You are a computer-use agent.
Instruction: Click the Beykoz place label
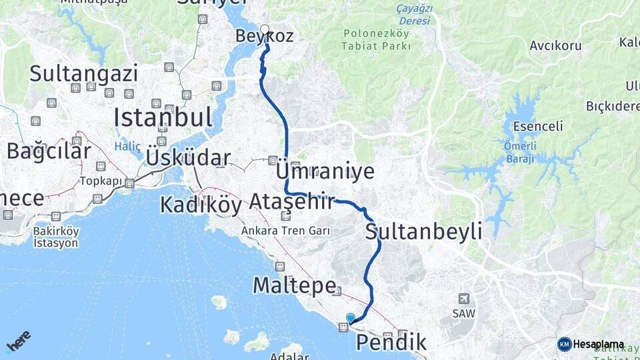click(265, 36)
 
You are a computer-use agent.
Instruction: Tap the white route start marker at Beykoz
click(265, 29)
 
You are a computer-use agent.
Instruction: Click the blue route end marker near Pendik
click(351, 318)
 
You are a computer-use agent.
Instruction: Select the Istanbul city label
click(163, 118)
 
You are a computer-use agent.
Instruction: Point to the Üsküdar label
click(187, 158)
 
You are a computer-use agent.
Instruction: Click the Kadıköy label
click(201, 205)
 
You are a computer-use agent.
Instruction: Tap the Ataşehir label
click(291, 201)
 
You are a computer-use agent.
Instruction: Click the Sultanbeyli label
click(423, 232)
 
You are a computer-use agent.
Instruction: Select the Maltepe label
click(293, 286)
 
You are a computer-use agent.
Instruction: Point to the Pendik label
click(391, 343)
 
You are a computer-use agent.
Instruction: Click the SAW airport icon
click(464, 299)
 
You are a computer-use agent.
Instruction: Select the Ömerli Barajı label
click(519, 153)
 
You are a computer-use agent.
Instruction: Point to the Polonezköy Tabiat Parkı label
click(377, 39)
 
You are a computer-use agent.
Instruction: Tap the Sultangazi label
click(83, 73)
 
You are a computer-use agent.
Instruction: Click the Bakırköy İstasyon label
click(56, 237)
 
